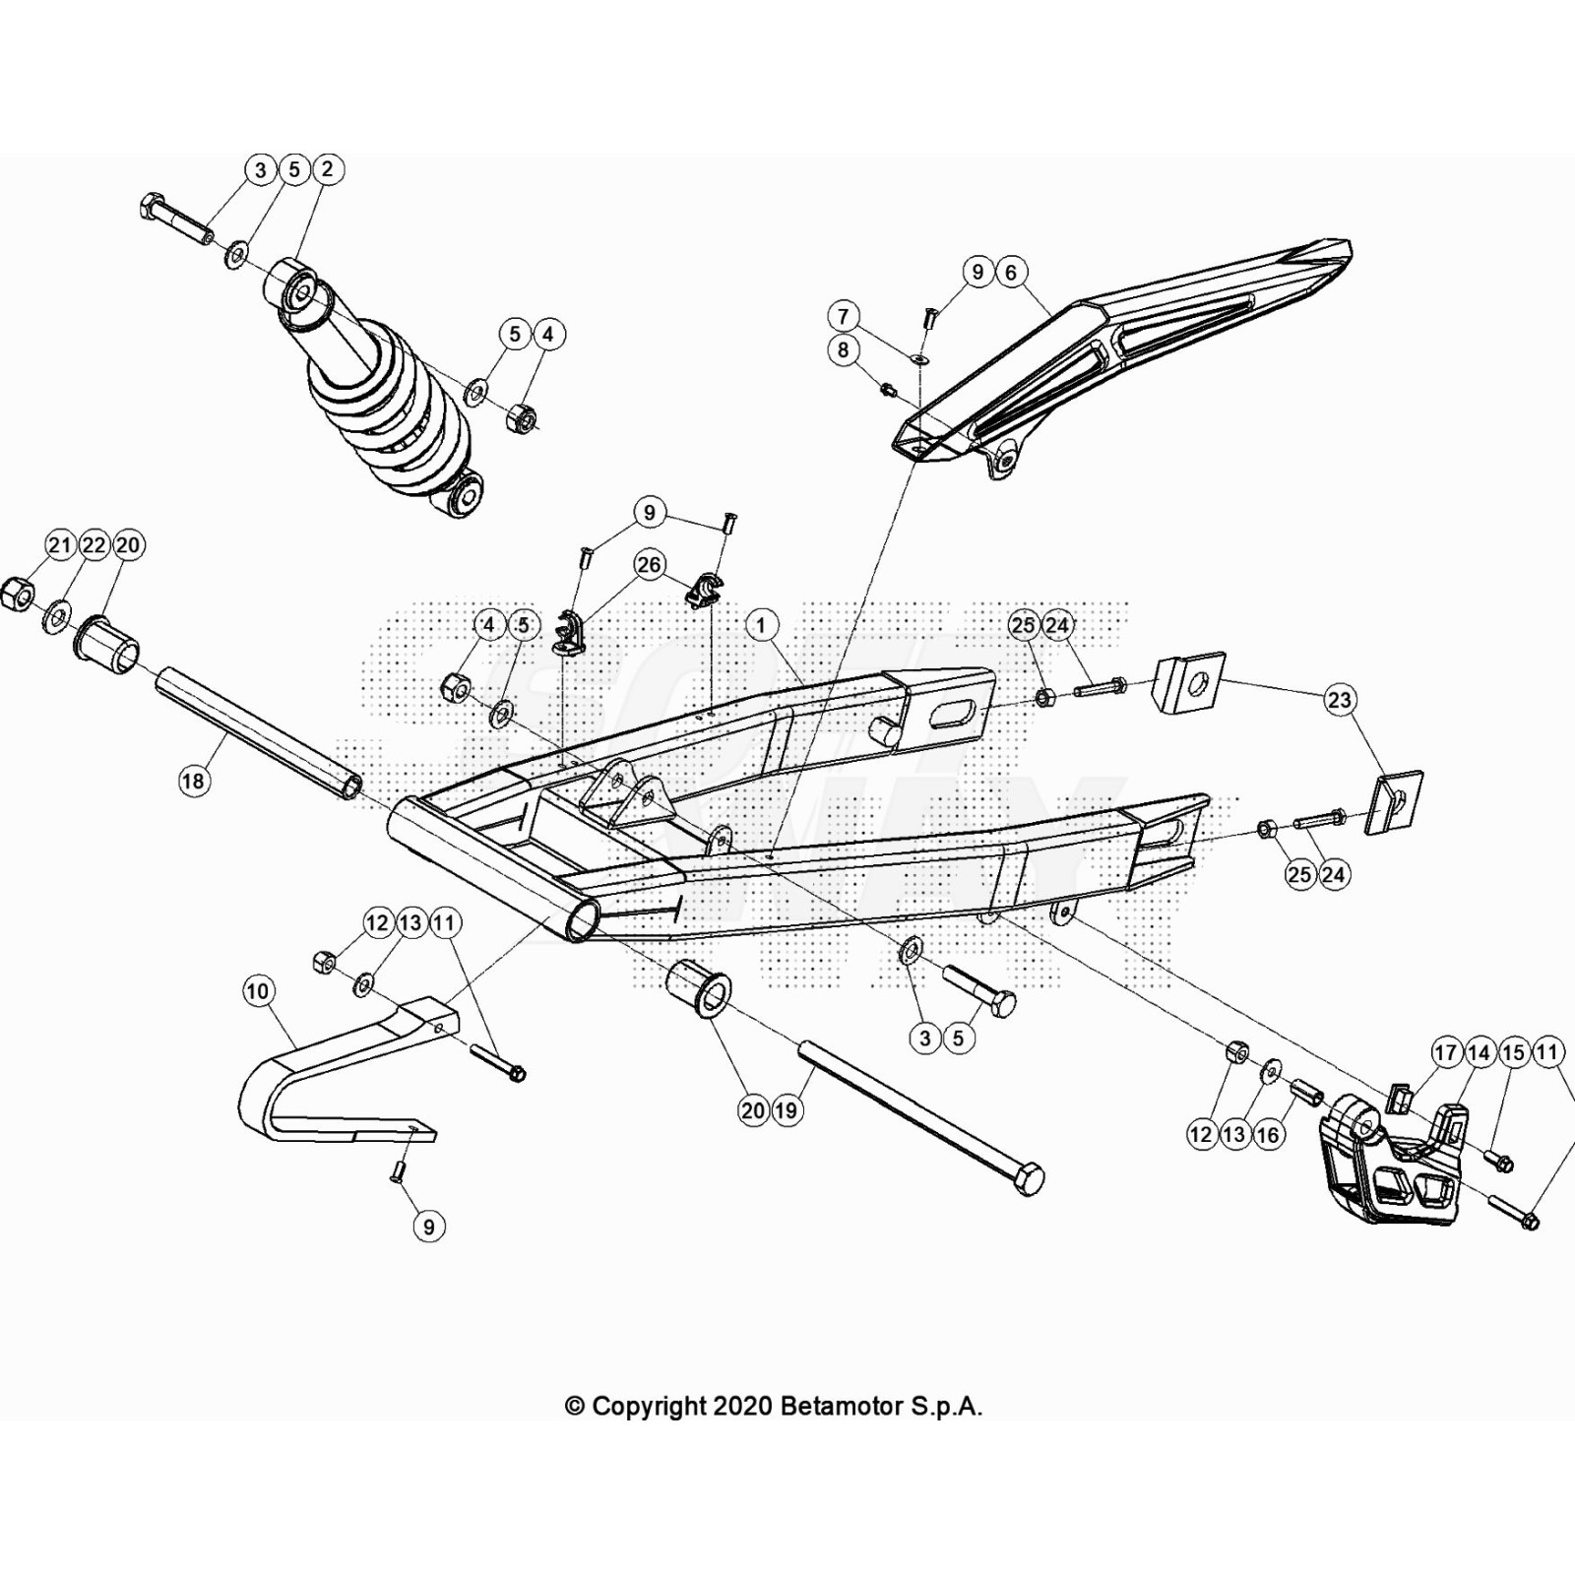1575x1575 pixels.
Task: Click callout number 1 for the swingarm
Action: (761, 625)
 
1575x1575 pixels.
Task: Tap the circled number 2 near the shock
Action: (327, 169)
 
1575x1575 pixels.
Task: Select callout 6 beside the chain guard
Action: (1010, 272)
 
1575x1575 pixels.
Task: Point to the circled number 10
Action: (258, 990)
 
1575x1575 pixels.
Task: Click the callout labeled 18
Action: (194, 782)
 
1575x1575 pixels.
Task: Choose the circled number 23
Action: (1340, 700)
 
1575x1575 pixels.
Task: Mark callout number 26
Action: (650, 565)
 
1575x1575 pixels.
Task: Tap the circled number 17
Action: (1445, 1053)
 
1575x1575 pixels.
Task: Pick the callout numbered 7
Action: (844, 317)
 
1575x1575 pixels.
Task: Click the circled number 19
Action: (787, 1111)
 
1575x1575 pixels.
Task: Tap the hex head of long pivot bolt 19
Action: (1028, 1178)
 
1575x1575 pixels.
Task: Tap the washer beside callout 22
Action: (57, 618)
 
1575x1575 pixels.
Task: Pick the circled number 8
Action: (844, 350)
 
